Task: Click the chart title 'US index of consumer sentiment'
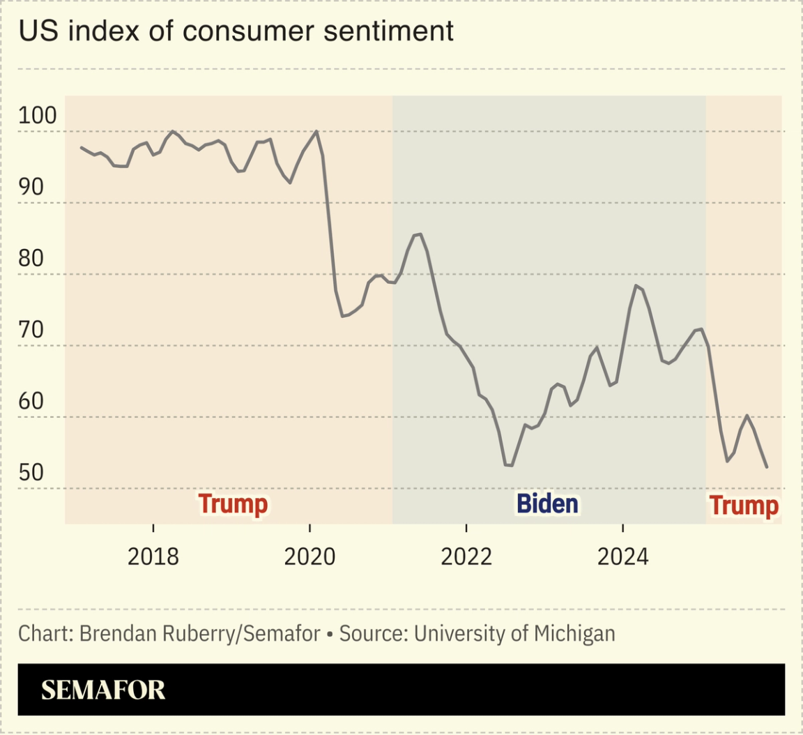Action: click(x=236, y=31)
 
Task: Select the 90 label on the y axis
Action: click(x=31, y=187)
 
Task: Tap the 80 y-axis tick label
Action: click(x=31, y=259)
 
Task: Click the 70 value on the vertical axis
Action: click(x=31, y=330)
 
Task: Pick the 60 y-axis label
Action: click(x=31, y=402)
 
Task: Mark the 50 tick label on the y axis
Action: click(x=31, y=473)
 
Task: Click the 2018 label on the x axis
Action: click(x=153, y=556)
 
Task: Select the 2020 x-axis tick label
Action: click(x=310, y=556)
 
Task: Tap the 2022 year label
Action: click(x=466, y=556)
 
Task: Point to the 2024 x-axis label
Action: click(x=623, y=556)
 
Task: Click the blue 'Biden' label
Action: click(x=547, y=503)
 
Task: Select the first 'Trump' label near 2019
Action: click(x=233, y=503)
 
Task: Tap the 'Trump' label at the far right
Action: click(x=743, y=506)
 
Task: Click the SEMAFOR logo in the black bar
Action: click(x=103, y=690)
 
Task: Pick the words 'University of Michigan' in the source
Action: click(x=514, y=633)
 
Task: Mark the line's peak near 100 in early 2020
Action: click(x=317, y=131)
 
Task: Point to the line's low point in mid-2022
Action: click(x=510, y=465)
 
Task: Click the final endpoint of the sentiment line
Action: click(x=767, y=467)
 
